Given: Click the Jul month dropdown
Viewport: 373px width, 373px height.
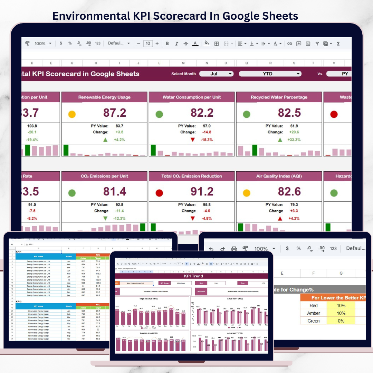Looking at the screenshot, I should click(x=216, y=74).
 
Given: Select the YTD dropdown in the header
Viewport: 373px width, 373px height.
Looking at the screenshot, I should click(x=270, y=74).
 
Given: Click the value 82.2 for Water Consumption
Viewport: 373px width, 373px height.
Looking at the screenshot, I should click(x=202, y=113).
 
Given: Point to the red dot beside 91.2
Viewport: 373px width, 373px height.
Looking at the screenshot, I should click(x=159, y=193).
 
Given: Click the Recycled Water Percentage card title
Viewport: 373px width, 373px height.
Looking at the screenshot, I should click(x=279, y=97).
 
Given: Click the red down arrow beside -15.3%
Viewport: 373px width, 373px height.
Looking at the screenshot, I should click(x=193, y=140).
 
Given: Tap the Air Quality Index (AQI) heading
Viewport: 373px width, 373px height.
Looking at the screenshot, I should click(x=279, y=176).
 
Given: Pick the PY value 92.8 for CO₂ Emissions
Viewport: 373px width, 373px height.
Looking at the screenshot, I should click(x=119, y=204).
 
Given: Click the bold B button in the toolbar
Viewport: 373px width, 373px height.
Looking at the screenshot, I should click(x=168, y=44).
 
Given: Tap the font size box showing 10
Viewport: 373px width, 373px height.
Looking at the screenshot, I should click(x=148, y=44).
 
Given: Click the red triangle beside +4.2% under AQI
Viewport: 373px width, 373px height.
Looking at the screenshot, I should click(x=280, y=219).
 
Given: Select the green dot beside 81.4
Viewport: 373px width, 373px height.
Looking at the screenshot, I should click(x=72, y=193).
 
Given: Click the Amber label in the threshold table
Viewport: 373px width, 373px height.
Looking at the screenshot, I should click(x=313, y=313).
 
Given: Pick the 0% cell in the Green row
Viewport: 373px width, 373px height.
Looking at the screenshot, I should click(x=341, y=321).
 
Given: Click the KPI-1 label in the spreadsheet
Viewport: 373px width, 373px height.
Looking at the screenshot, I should click(x=19, y=252).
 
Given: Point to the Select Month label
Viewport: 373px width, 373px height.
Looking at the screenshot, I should click(x=183, y=74).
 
